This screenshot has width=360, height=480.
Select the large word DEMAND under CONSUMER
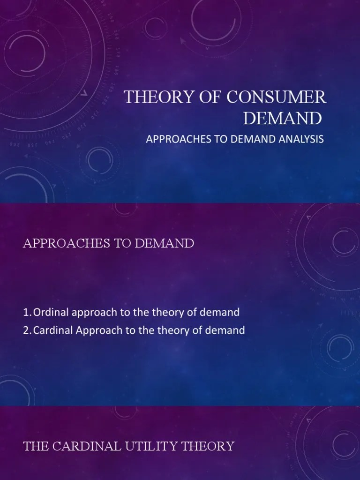282,118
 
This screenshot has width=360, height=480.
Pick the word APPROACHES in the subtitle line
171,139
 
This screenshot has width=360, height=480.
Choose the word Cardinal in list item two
51,330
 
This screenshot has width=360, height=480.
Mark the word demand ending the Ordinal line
221,312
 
